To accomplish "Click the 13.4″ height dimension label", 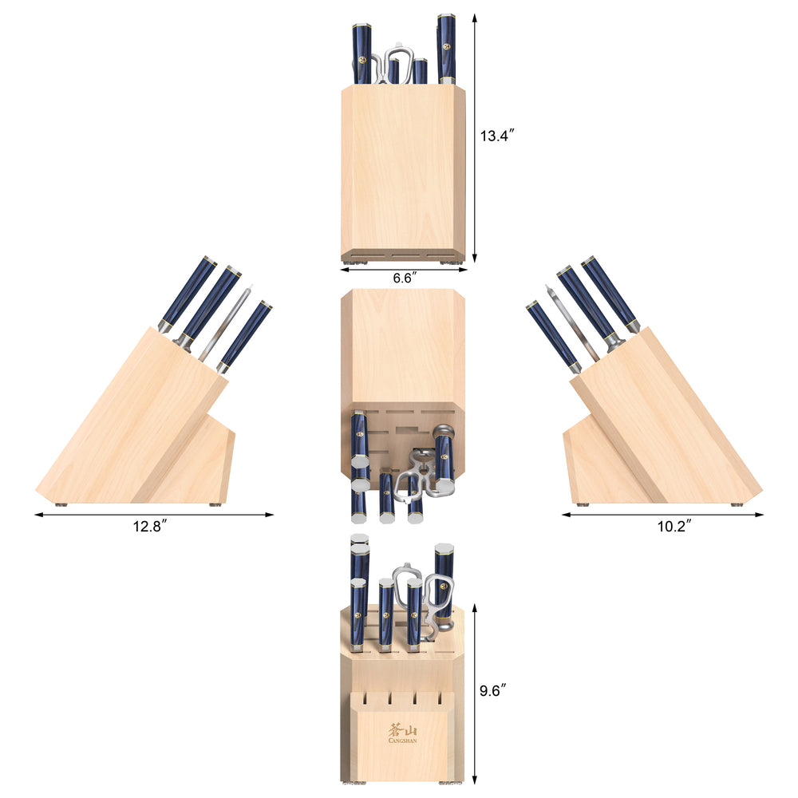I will pyautogui.click(x=496, y=136).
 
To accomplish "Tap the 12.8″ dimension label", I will pyautogui.click(x=151, y=527).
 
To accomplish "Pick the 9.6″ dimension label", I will pyautogui.click(x=495, y=691).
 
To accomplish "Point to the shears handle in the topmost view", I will pyautogui.click(x=399, y=64).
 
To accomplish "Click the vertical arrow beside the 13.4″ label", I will pyautogui.click(x=475, y=136).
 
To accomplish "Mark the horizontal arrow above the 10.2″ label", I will pyautogui.click(x=662, y=515).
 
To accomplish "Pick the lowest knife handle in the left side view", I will pyautogui.click(x=246, y=335).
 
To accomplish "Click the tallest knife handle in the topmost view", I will pyautogui.click(x=446, y=48).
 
